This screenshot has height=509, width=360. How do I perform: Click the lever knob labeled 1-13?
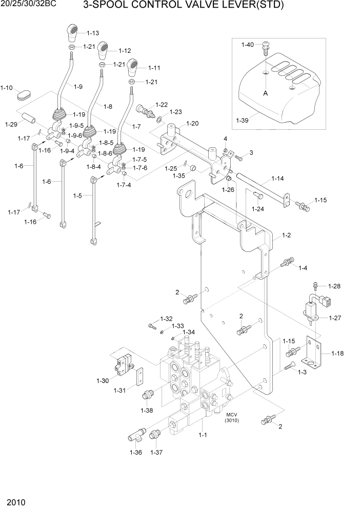tap(73, 33)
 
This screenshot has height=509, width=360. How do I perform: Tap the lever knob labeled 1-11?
tap(133, 67)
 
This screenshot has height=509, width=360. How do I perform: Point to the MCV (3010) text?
tap(232, 418)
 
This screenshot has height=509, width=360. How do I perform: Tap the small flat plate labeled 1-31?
tap(139, 378)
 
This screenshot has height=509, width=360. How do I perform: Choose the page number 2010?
tap(16, 500)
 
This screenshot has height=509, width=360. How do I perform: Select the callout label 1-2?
tap(286, 236)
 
